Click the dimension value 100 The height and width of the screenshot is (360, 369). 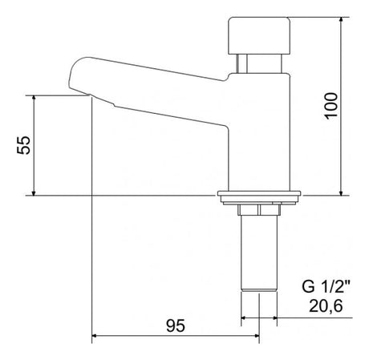pyautogui.click(x=331, y=106)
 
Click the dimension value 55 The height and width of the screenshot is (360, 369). pyautogui.click(x=23, y=145)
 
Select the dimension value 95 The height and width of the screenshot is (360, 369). pyautogui.click(x=176, y=326)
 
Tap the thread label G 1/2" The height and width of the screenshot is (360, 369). pyautogui.click(x=326, y=286)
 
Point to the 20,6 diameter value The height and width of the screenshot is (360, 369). pyautogui.click(x=326, y=305)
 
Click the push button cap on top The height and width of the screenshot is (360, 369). pyautogui.click(x=259, y=35)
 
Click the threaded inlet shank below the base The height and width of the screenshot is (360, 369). pyautogui.click(x=259, y=253)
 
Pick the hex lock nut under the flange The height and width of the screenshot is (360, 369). pyautogui.click(x=259, y=209)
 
